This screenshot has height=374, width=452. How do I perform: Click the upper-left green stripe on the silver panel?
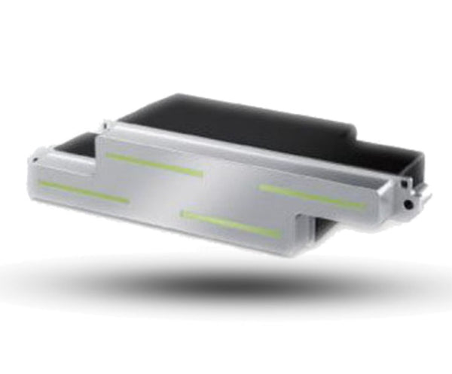point(154,164)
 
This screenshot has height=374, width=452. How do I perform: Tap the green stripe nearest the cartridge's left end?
point(83,192)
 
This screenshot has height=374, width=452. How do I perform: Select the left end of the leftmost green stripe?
point(41,182)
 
